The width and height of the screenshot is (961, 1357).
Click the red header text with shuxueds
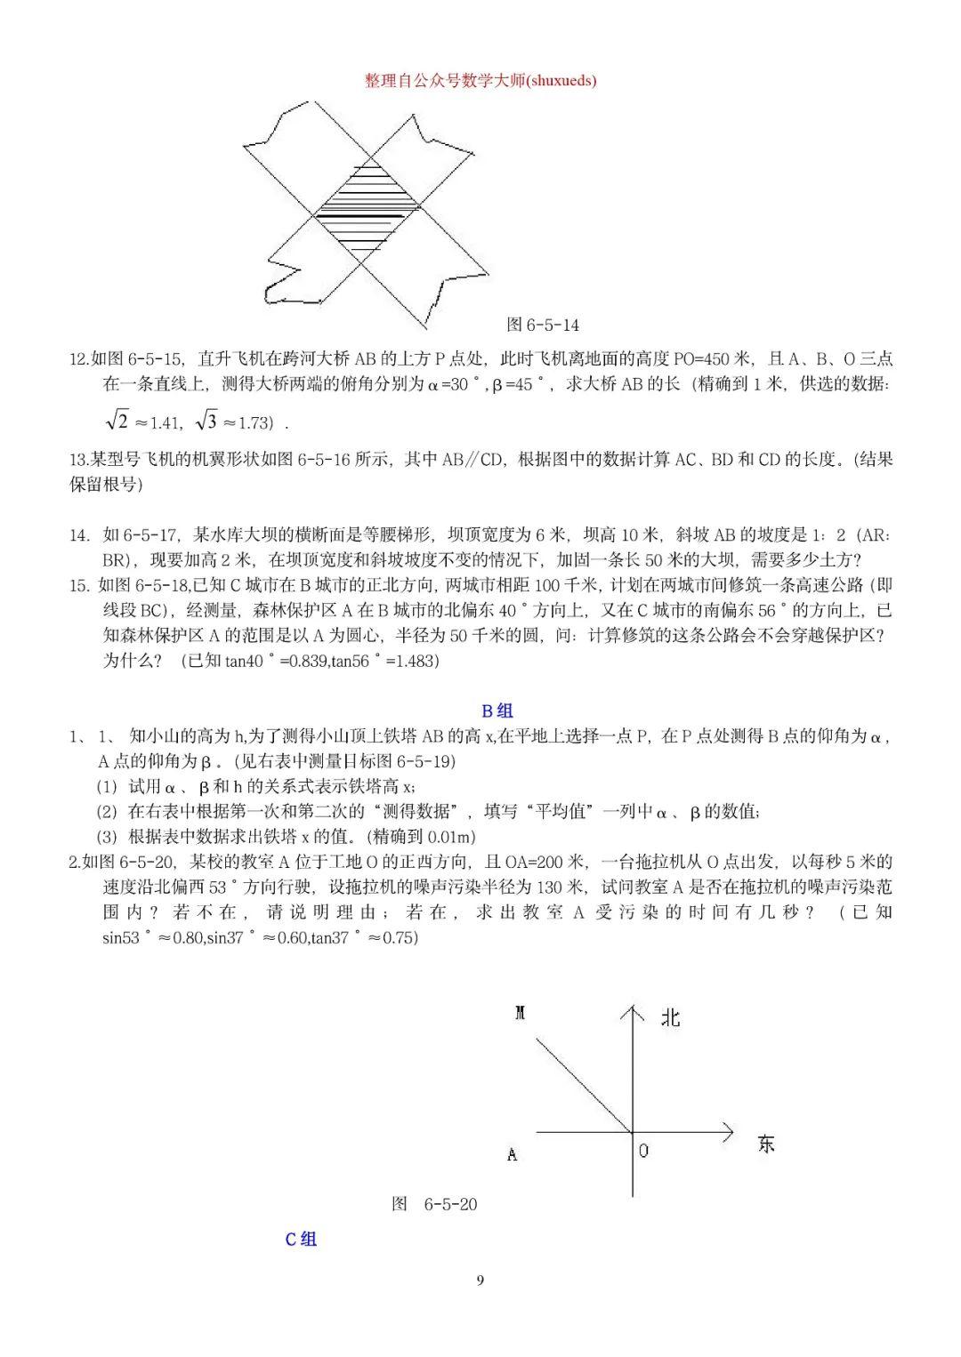[x=480, y=81]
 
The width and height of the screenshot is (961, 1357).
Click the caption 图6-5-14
[x=542, y=325]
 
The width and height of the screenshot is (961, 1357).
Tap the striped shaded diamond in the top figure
[x=367, y=210]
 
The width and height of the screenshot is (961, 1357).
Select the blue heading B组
[x=497, y=711]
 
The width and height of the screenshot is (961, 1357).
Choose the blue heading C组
[x=301, y=1239]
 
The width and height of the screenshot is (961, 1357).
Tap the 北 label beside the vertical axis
[x=670, y=1017]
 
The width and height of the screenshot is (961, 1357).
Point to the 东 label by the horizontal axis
[x=766, y=1144]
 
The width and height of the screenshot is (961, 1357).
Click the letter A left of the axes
[x=512, y=1155]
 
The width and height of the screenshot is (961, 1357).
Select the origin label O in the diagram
[x=643, y=1150]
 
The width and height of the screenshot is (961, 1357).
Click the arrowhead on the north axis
[x=632, y=1011]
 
